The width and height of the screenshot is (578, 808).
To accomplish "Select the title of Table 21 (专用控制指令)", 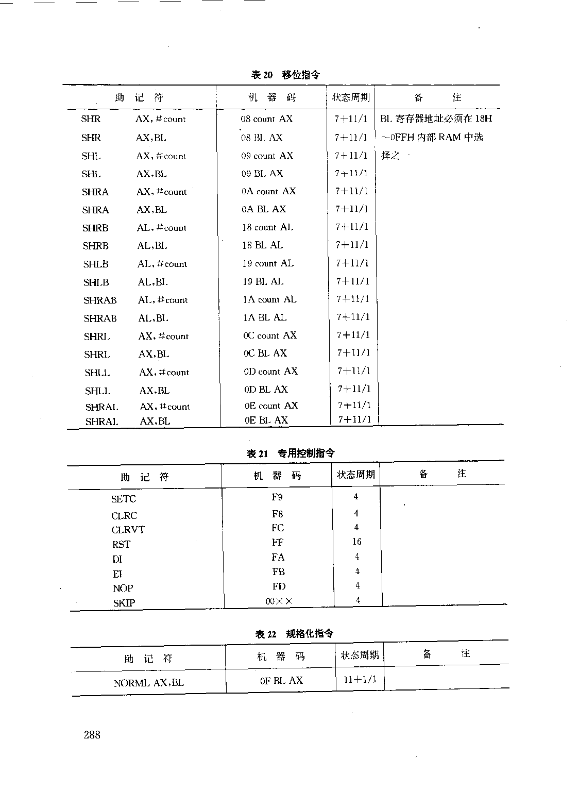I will tap(291, 453).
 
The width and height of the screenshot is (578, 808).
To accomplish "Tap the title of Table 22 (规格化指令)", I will tap(294, 634).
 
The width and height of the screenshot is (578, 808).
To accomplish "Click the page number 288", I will tap(92, 735).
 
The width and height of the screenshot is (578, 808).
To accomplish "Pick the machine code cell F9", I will tap(277, 497).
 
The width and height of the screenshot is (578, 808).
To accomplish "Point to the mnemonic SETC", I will tap(124, 499).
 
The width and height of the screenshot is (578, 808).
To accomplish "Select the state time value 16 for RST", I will tap(356, 542).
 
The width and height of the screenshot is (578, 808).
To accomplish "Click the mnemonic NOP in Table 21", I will tap(123, 588).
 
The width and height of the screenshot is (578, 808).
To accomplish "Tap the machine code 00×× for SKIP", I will tap(279, 601).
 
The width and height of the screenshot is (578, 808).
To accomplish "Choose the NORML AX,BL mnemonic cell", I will tap(148, 683).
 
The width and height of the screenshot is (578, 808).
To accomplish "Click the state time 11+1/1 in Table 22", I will tap(360, 680).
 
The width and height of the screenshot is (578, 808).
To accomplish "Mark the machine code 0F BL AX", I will tap(281, 680).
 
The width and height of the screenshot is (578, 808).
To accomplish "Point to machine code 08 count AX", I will tap(266, 119).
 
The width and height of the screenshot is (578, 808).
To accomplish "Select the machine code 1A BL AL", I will tap(265, 317).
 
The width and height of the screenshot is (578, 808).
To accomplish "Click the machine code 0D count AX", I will tap(270, 372).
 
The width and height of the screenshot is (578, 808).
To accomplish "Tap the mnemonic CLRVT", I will tap(128, 530).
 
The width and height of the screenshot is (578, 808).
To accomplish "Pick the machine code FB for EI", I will tap(278, 571).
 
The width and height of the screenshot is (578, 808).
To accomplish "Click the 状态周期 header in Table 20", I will tap(350, 97).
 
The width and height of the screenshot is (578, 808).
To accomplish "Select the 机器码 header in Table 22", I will tap(281, 656).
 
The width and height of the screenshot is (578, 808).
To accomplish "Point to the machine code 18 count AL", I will tap(268, 227).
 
